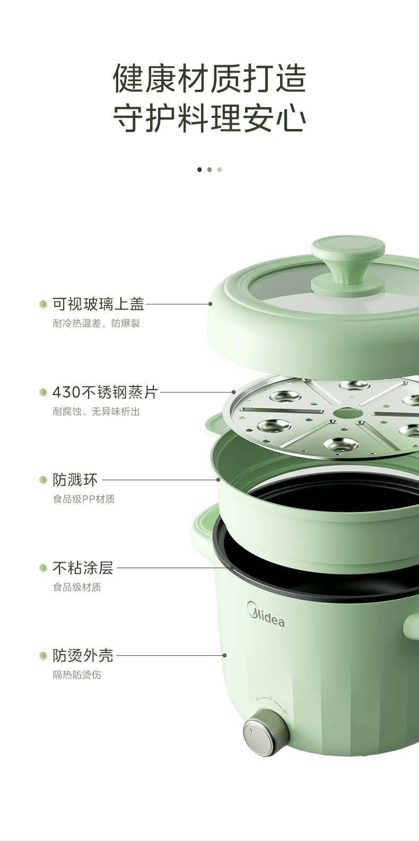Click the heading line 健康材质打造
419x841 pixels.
pyautogui.click(x=210, y=79)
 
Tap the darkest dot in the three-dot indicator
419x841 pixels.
pyautogui.click(x=199, y=169)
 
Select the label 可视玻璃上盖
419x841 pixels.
pyautogui.click(x=98, y=304)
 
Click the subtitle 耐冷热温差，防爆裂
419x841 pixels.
pyautogui.click(x=96, y=323)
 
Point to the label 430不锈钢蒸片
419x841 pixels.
pyautogui.click(x=105, y=392)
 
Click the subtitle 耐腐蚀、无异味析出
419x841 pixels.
pyautogui.click(x=96, y=411)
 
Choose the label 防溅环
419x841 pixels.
pyautogui.click(x=75, y=480)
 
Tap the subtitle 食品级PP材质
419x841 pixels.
pyautogui.click(x=83, y=499)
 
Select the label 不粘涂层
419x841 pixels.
pyautogui.click(x=83, y=568)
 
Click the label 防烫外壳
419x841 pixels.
pyautogui.click(x=83, y=656)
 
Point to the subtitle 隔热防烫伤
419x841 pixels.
pyautogui.click(x=76, y=675)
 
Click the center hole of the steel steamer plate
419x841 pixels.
pyautogui.click(x=348, y=413)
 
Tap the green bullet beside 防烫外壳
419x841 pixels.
pyautogui.click(x=43, y=656)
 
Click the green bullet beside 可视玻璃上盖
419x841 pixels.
pyautogui.click(x=43, y=304)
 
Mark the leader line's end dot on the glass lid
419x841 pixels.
pyautogui.click(x=211, y=304)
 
